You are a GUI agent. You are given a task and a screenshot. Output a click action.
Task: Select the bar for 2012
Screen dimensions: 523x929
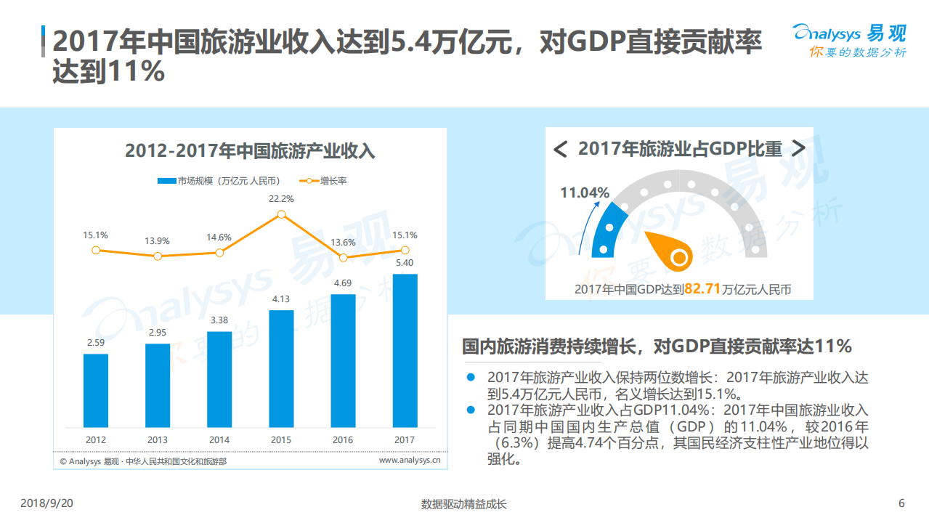coord(96,390)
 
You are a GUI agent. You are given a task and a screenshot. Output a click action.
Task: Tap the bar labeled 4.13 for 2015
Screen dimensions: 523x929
coord(281,368)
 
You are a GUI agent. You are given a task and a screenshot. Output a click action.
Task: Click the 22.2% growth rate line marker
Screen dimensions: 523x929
coord(281,214)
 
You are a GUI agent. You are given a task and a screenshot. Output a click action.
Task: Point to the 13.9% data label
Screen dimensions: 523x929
coord(157,240)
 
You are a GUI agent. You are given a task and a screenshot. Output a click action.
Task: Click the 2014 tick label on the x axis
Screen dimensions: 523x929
coord(219,439)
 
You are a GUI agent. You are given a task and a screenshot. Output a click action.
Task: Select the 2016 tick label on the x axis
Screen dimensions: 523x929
coord(343,439)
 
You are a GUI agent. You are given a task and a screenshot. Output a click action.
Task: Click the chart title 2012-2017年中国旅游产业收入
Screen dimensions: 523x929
coord(250,151)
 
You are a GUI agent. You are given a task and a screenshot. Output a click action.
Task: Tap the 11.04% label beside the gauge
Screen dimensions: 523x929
coord(584,192)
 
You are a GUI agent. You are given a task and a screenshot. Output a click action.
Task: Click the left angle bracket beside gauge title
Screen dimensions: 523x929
coord(560,150)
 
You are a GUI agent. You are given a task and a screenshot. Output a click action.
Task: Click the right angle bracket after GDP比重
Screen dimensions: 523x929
coord(798,149)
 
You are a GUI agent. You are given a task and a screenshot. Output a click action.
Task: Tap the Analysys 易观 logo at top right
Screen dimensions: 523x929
coord(848,40)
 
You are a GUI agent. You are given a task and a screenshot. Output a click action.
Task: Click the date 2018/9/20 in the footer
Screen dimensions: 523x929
coord(47,504)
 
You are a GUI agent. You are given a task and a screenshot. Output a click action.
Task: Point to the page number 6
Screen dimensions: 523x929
coord(901,504)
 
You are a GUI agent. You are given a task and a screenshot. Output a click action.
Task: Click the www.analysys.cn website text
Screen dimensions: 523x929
coord(410,460)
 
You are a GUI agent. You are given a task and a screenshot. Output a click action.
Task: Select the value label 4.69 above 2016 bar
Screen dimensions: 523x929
coord(343,283)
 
